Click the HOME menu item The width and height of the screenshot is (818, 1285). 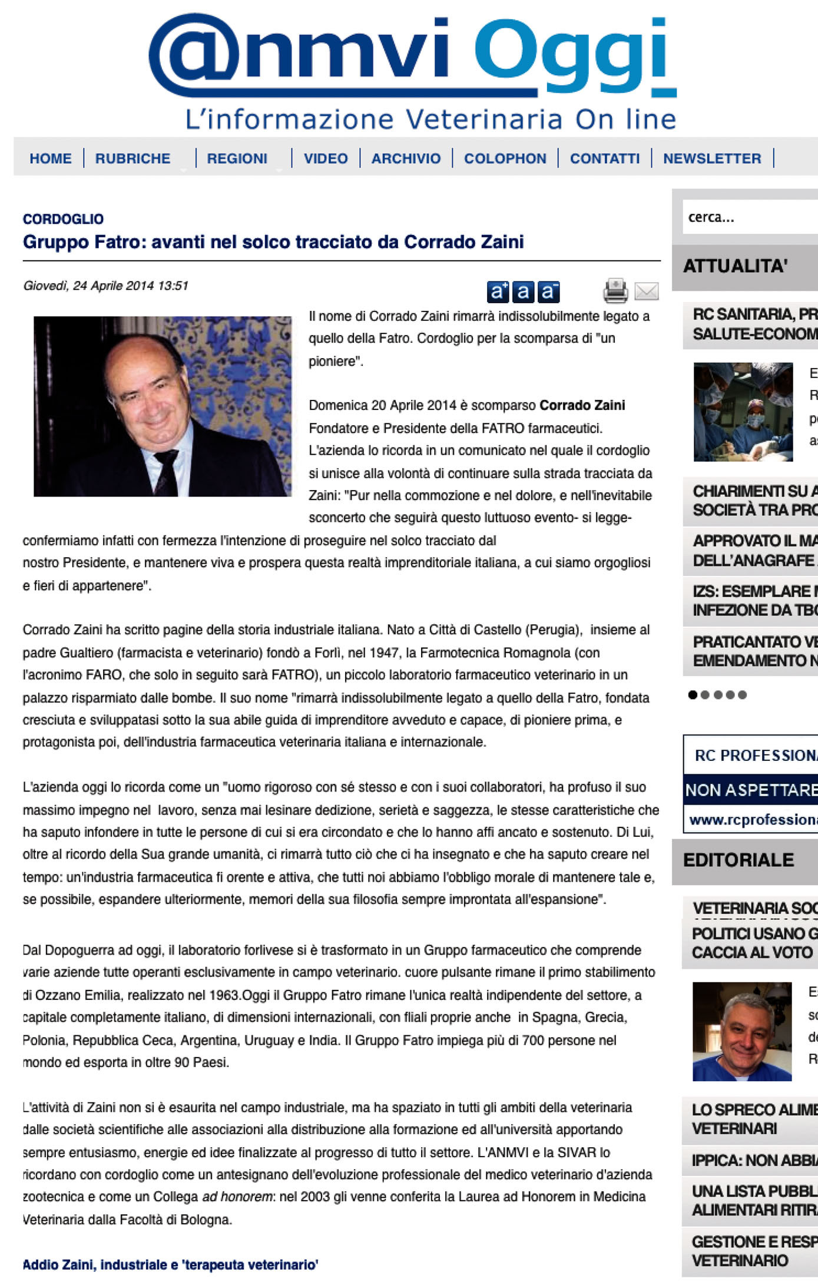click(50, 158)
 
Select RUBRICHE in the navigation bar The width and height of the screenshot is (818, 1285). click(133, 158)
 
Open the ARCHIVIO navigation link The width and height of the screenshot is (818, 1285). click(406, 158)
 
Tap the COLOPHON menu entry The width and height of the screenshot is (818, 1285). click(505, 158)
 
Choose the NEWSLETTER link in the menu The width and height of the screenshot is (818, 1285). click(712, 158)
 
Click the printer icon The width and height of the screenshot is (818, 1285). click(615, 290)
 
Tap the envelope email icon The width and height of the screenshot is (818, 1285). click(646, 291)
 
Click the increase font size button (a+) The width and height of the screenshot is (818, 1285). click(498, 291)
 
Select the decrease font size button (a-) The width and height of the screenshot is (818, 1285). click(548, 291)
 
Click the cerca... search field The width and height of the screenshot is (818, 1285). click(748, 217)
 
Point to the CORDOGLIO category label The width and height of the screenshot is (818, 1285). click(63, 219)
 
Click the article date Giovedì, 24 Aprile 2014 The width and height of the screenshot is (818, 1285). click(105, 286)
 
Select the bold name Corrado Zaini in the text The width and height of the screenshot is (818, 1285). click(582, 405)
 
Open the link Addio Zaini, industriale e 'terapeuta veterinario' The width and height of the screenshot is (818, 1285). click(170, 1264)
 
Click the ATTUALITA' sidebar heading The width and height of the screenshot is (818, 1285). click(735, 266)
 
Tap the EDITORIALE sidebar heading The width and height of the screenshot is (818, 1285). click(738, 860)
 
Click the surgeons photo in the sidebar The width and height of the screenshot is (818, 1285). click(743, 412)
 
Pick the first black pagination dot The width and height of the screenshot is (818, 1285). click(693, 695)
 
